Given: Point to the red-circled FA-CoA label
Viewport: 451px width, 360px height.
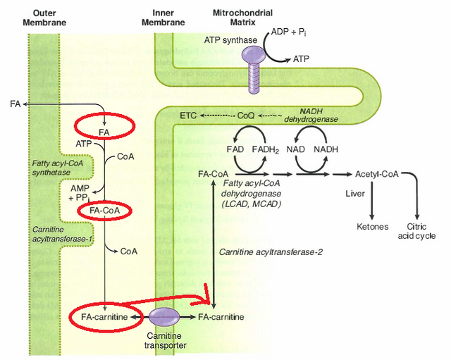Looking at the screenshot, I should [104, 211].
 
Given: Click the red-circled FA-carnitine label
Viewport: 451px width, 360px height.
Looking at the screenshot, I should [105, 317].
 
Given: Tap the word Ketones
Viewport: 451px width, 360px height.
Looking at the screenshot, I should [372, 228].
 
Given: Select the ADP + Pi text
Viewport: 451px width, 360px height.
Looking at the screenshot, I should [289, 33].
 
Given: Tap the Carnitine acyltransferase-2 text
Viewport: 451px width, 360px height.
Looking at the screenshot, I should [271, 252].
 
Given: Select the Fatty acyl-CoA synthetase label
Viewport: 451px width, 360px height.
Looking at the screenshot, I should [57, 168].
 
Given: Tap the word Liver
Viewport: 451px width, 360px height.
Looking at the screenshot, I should [354, 192].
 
